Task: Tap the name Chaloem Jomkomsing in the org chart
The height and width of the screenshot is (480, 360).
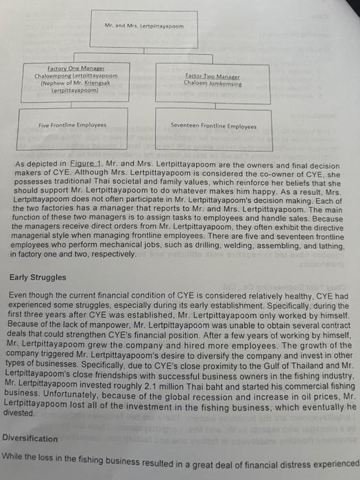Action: pyautogui.click(x=213, y=83)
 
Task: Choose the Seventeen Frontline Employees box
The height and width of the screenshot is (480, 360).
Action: pyautogui.click(x=213, y=127)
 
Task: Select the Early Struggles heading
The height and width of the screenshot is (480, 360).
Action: pyautogui.click(x=39, y=278)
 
